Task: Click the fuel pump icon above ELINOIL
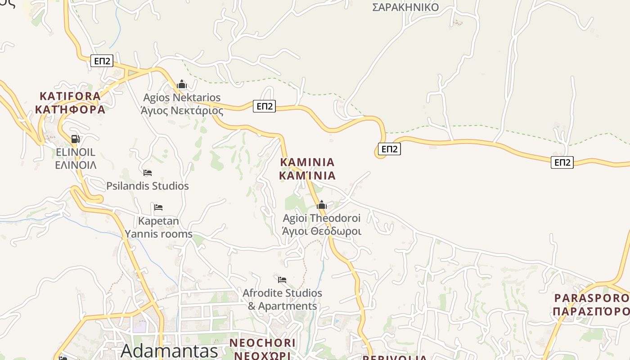76,139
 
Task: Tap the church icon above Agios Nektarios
182,84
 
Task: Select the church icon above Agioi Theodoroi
321,205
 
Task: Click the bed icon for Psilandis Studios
148,172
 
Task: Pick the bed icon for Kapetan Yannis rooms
158,207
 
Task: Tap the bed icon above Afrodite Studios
282,279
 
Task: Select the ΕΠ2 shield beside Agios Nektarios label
264,106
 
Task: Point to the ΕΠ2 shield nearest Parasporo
562,162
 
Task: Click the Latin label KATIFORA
70,96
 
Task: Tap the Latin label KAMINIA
307,162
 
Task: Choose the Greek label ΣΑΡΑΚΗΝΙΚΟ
405,7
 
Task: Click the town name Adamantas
169,351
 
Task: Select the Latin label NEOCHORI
263,343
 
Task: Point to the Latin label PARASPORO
591,298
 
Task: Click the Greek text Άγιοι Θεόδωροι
322,231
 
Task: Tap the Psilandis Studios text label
148,186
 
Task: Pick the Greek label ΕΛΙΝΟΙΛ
76,165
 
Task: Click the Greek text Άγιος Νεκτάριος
182,111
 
